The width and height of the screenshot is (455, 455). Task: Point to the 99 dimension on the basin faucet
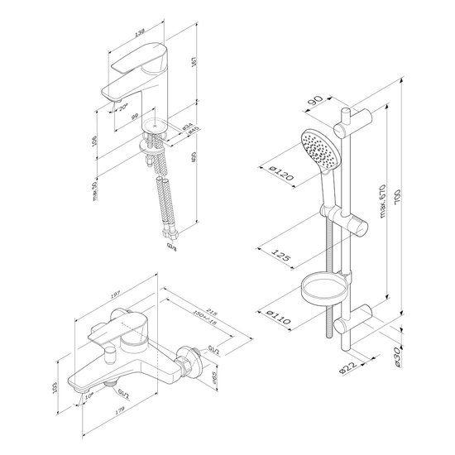tap(133, 117)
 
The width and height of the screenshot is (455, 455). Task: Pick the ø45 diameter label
tap(192, 130)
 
